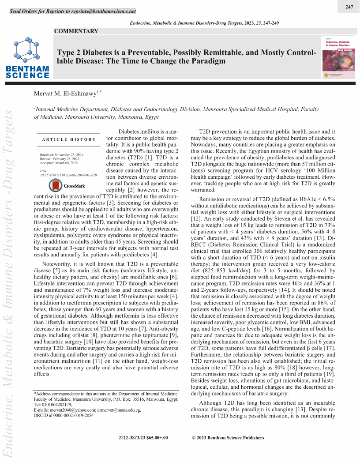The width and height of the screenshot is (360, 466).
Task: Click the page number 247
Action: (349, 7)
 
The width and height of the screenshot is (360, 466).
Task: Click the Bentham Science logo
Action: (27, 57)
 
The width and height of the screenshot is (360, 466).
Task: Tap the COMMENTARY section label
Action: (76, 31)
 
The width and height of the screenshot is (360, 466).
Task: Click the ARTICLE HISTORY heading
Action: (69, 139)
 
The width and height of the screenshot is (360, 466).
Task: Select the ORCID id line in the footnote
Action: (64, 415)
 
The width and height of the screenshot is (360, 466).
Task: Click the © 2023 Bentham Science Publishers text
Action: (228, 438)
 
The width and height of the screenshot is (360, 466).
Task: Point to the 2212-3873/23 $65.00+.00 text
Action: (143, 438)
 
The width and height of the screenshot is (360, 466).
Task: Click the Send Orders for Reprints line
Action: (73, 11)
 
